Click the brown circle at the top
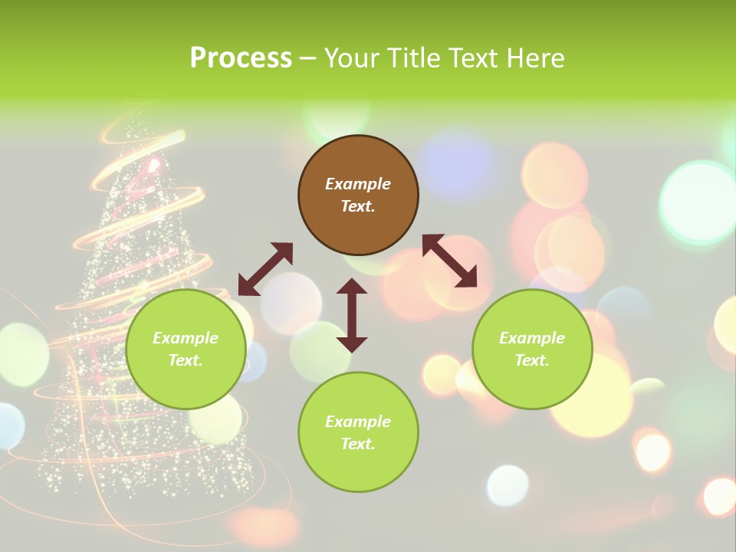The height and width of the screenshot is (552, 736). tap(358, 195)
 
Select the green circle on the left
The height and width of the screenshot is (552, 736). tap(186, 349)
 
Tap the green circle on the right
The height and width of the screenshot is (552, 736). tap(532, 349)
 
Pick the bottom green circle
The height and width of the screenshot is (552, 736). tap(358, 432)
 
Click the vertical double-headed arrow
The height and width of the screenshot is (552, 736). tap(352, 315)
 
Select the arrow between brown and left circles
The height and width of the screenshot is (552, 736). tap(265, 269)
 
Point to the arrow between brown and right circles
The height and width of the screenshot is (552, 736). tap(450, 261)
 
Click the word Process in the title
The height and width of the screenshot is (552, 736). tap(241, 58)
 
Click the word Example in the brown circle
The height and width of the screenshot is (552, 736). tap(358, 184)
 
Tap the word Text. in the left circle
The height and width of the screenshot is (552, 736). tap(186, 360)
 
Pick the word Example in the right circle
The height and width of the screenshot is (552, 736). tap(532, 338)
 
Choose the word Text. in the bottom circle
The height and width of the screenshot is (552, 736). tap(358, 444)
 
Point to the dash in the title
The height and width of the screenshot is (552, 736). tap(308, 58)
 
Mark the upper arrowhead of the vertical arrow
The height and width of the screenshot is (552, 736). tap(352, 286)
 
